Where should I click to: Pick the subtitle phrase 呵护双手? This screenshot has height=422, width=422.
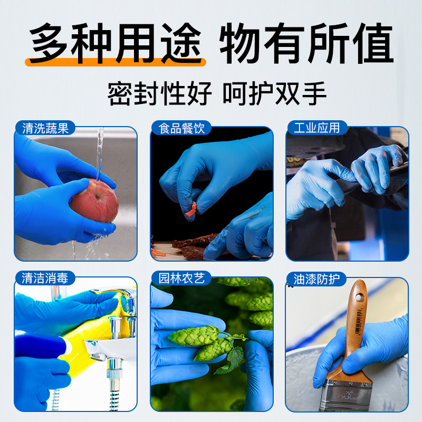pos(274,94)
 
